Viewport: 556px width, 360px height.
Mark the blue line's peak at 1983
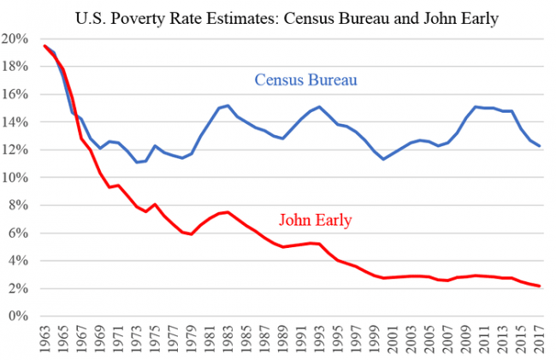pos(228,105)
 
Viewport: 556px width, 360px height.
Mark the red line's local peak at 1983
pos(228,212)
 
